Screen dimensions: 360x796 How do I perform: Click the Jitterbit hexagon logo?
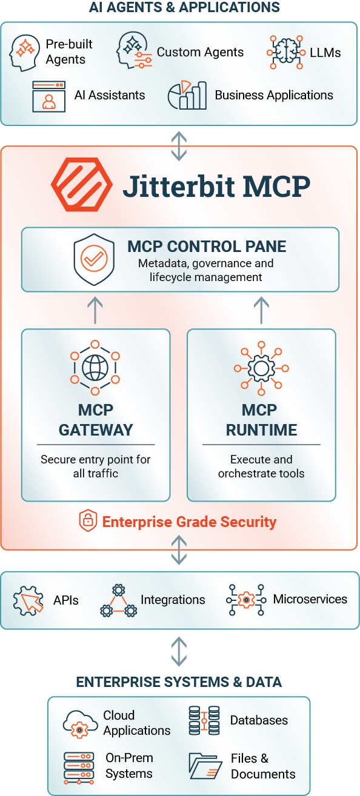[x=82, y=184]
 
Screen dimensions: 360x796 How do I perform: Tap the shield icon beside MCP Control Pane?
[x=94, y=259]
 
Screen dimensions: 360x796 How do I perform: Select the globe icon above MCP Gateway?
[x=95, y=368]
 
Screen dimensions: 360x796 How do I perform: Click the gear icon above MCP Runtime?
[x=261, y=368]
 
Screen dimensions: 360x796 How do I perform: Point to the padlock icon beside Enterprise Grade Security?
[x=88, y=520]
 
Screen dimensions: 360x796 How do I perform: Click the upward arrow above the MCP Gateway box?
[x=95, y=310]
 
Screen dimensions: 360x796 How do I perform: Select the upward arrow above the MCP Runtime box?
[x=261, y=310]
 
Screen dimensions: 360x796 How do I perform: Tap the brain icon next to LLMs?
[x=286, y=52]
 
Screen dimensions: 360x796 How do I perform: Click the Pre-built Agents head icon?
[x=24, y=53]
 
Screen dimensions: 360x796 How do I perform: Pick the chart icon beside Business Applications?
[x=187, y=95]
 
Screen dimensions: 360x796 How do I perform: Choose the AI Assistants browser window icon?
[x=48, y=96]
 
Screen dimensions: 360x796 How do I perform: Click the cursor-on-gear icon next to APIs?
[x=28, y=600]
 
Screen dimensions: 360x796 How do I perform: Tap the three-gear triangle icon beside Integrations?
[x=119, y=600]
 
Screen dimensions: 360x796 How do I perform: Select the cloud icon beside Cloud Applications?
[x=81, y=724]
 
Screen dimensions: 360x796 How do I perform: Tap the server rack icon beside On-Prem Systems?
[x=79, y=768]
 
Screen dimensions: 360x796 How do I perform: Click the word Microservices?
[x=310, y=599]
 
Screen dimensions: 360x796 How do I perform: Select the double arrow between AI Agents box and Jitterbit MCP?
[x=179, y=146]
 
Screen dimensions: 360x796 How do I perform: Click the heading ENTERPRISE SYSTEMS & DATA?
[x=179, y=682]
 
